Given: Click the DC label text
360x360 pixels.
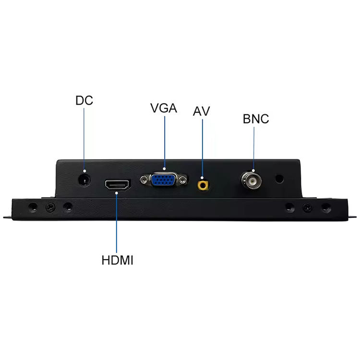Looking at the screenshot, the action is [x=84, y=100].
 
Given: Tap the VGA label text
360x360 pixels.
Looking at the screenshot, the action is [x=164, y=108].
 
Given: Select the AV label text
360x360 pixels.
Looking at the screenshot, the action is [x=201, y=111].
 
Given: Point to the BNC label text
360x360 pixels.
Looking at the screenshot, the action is [x=256, y=119].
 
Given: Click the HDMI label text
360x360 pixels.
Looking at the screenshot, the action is [x=117, y=260].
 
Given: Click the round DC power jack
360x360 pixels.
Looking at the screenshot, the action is [x=84, y=180].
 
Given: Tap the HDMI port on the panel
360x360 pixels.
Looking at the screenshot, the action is [x=118, y=185].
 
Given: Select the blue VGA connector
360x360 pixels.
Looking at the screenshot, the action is [x=164, y=180].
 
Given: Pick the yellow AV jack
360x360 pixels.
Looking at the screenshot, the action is [x=203, y=185].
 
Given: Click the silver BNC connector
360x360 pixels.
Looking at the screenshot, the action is [x=252, y=180].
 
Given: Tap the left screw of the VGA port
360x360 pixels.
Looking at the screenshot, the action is [x=144, y=179].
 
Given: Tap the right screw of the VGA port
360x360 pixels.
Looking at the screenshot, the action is [x=183, y=180].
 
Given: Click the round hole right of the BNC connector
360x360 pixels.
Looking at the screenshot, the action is [x=279, y=179].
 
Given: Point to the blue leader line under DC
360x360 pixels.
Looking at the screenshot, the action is [x=84, y=139].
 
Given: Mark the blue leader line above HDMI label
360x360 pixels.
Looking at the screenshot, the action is [x=117, y=223].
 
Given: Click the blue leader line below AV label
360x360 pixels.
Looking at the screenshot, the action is [x=202, y=148].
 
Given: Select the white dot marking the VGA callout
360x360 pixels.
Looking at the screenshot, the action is [x=164, y=169].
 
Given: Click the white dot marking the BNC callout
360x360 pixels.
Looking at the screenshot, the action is [x=253, y=170].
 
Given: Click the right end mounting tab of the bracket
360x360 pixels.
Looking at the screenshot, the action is [x=352, y=217].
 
